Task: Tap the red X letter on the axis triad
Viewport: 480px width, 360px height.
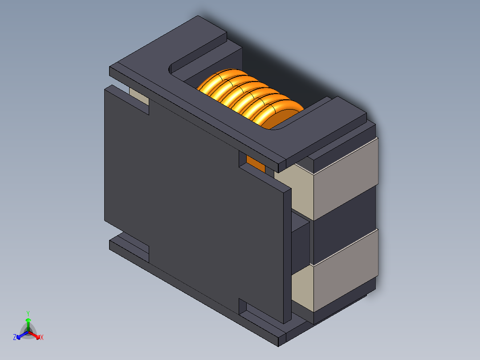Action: point(42,338)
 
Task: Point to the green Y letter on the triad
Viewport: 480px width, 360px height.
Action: point(28,313)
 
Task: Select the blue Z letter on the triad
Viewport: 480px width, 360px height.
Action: point(15,337)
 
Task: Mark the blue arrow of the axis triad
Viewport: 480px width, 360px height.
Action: point(21,335)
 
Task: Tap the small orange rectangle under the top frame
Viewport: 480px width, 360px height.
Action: point(255,164)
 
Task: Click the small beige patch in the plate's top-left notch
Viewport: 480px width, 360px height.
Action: point(139,98)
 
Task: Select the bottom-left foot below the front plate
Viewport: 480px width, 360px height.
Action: point(129,250)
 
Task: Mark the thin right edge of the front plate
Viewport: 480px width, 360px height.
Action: point(287,254)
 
